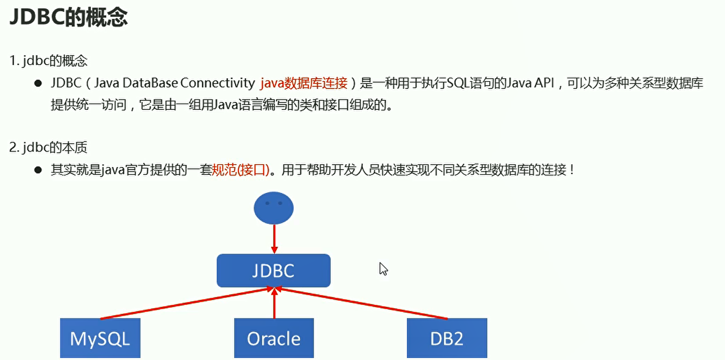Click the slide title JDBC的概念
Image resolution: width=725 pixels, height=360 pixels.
coord(69,17)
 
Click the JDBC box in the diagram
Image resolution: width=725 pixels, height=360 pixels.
coord(273,270)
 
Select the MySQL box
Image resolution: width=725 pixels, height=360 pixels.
coord(100,338)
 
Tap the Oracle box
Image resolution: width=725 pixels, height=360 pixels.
coord(274,338)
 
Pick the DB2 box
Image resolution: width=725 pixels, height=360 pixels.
coord(447,338)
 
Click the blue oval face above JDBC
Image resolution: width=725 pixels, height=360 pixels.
coord(273,208)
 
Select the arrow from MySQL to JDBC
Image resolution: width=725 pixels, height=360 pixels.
coord(186,303)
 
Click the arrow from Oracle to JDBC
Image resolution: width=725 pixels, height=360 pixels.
coord(274,303)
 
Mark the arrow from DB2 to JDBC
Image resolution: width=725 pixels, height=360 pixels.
coord(361,303)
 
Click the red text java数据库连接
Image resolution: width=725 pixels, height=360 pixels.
coord(303,83)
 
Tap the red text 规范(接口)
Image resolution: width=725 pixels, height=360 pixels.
coord(241,170)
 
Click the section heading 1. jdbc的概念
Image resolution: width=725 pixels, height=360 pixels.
coord(48,61)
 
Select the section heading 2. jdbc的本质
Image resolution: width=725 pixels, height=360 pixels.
coord(48,148)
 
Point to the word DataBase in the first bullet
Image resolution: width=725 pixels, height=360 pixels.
coord(150,83)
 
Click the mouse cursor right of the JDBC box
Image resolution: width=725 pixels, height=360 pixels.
coord(383,269)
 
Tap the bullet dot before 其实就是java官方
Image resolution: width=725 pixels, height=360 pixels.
coord(37,170)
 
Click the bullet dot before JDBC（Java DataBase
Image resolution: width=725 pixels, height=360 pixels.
coord(37,83)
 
